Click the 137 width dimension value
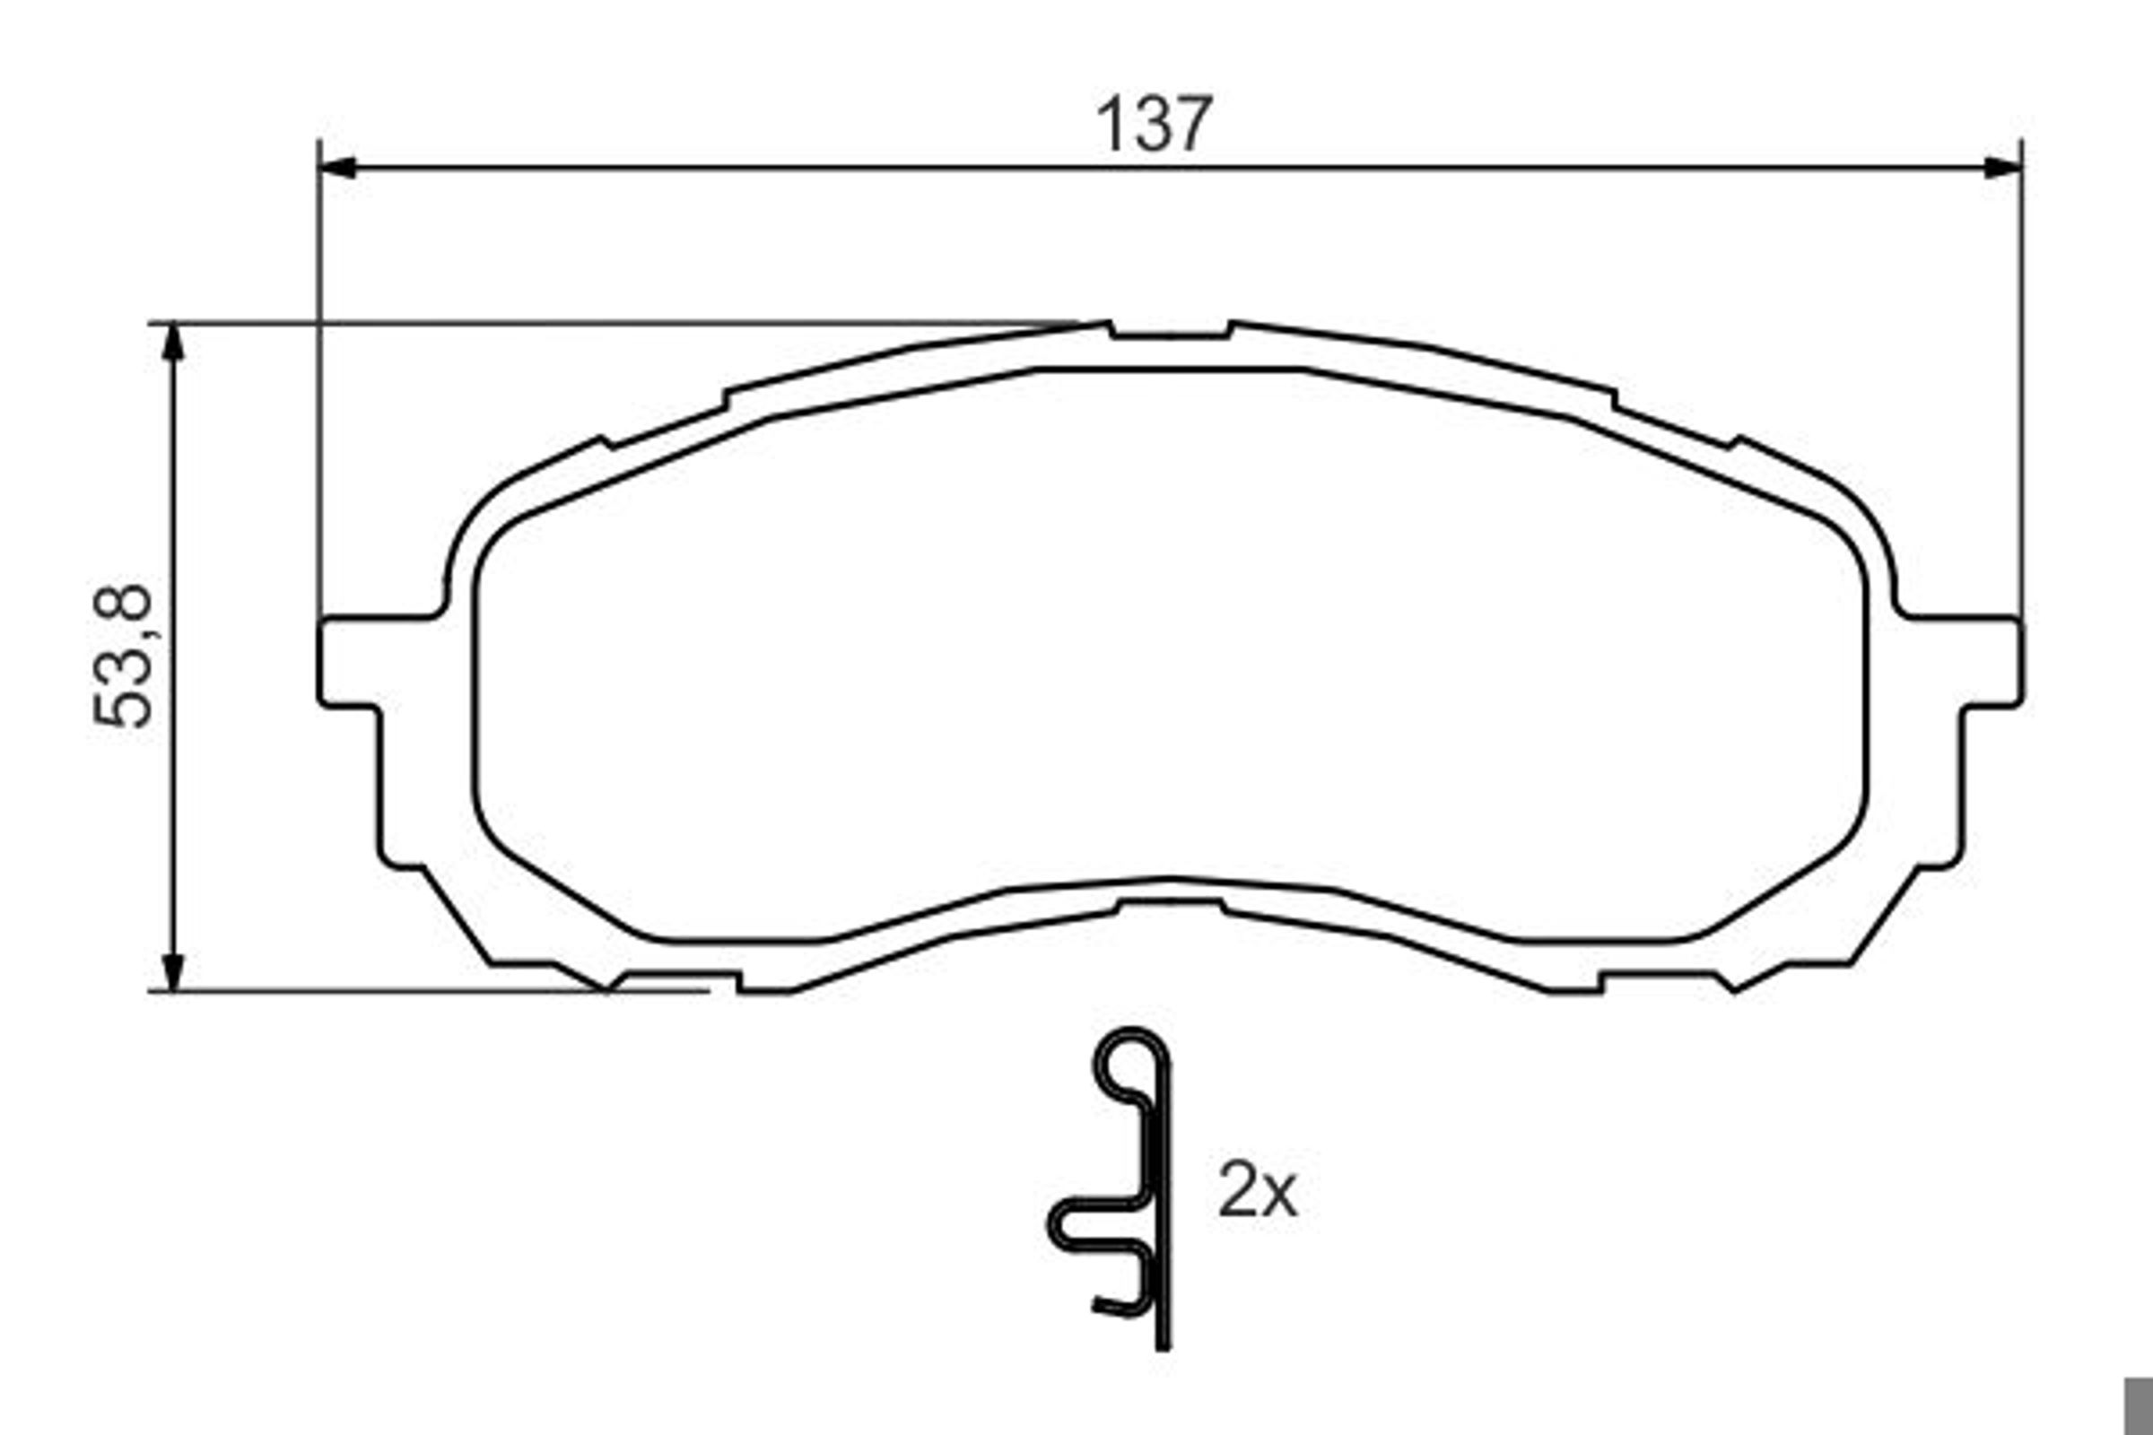(x=1155, y=125)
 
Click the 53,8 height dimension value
(x=123, y=657)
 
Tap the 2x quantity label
(x=1257, y=1190)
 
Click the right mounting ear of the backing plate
(x=1990, y=663)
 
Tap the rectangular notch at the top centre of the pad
(x=1170, y=331)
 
